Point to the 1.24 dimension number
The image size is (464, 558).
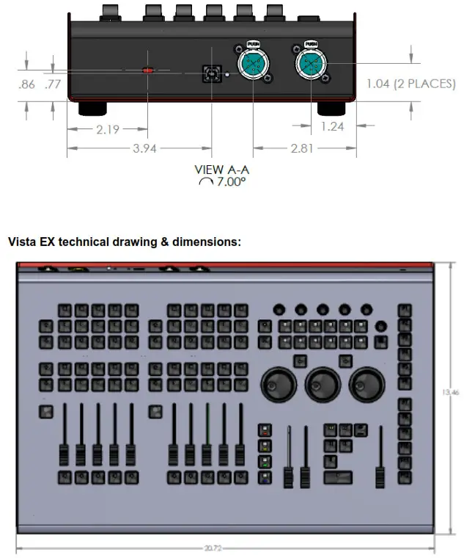pyautogui.click(x=332, y=126)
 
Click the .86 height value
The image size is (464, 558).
pyautogui.click(x=27, y=84)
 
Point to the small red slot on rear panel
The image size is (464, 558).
pyautogui.click(x=148, y=71)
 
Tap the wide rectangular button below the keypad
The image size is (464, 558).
pyautogui.click(x=338, y=480)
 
